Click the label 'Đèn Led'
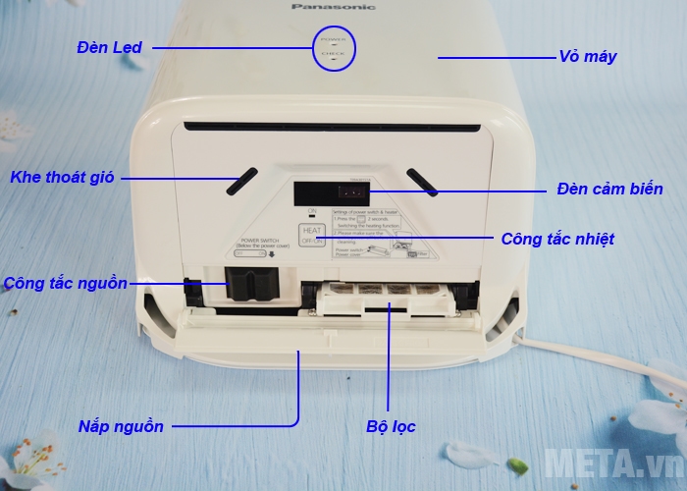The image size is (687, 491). point(110,47)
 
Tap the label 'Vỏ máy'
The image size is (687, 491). point(588,57)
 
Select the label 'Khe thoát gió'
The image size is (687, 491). point(63,178)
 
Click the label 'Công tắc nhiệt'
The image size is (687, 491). point(557,239)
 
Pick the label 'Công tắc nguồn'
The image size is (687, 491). point(65,284)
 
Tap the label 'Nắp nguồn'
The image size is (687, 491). point(121,426)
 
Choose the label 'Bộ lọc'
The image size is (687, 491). point(391,426)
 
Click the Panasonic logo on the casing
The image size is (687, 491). point(333,6)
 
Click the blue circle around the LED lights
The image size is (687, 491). point(333,45)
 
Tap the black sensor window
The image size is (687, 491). point(326,191)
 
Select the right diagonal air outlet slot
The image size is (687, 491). point(423,180)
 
